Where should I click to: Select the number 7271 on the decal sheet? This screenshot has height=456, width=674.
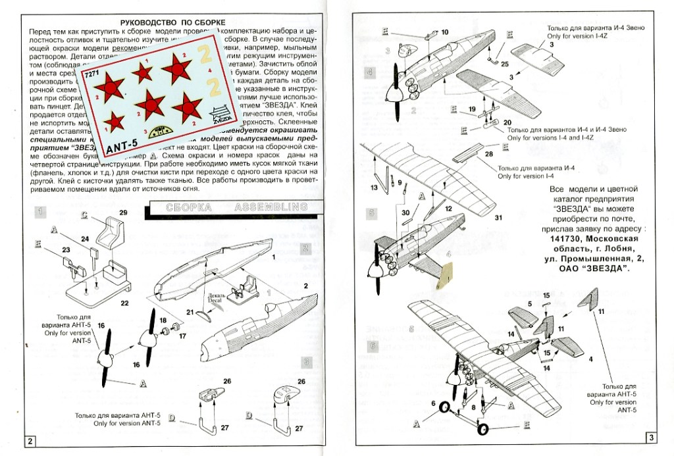91,76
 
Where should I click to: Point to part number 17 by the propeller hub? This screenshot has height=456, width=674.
182,336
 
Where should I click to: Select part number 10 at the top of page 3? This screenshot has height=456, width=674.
444,32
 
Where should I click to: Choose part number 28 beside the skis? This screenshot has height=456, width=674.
488,153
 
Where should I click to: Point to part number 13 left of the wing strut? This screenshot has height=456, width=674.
373,188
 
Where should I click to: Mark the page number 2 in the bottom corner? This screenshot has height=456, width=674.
30,440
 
